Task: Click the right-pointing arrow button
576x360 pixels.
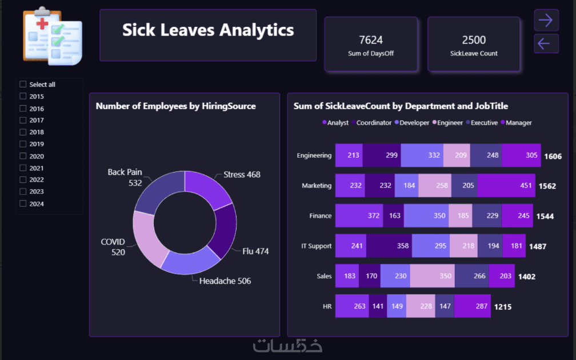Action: [x=546, y=20]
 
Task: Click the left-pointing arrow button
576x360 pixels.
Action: [x=546, y=43]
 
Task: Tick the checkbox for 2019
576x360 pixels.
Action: [x=23, y=144]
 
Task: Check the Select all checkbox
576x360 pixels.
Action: [x=23, y=85]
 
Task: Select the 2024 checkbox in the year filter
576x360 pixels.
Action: [x=23, y=203]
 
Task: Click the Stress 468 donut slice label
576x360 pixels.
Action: [x=242, y=174]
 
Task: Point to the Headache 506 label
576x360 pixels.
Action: [x=225, y=281]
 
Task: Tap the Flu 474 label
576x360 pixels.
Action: [x=255, y=251]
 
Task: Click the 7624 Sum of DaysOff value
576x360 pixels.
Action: [x=371, y=40]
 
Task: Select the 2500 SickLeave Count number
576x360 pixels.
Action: [x=474, y=40]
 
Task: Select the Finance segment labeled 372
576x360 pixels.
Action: [x=359, y=215]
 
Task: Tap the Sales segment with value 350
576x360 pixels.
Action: [x=432, y=276]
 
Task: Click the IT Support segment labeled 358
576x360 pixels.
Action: [x=389, y=246]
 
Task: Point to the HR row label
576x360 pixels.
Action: [x=327, y=307]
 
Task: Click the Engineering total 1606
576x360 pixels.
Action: [x=553, y=156]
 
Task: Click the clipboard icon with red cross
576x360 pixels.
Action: [x=52, y=35]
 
